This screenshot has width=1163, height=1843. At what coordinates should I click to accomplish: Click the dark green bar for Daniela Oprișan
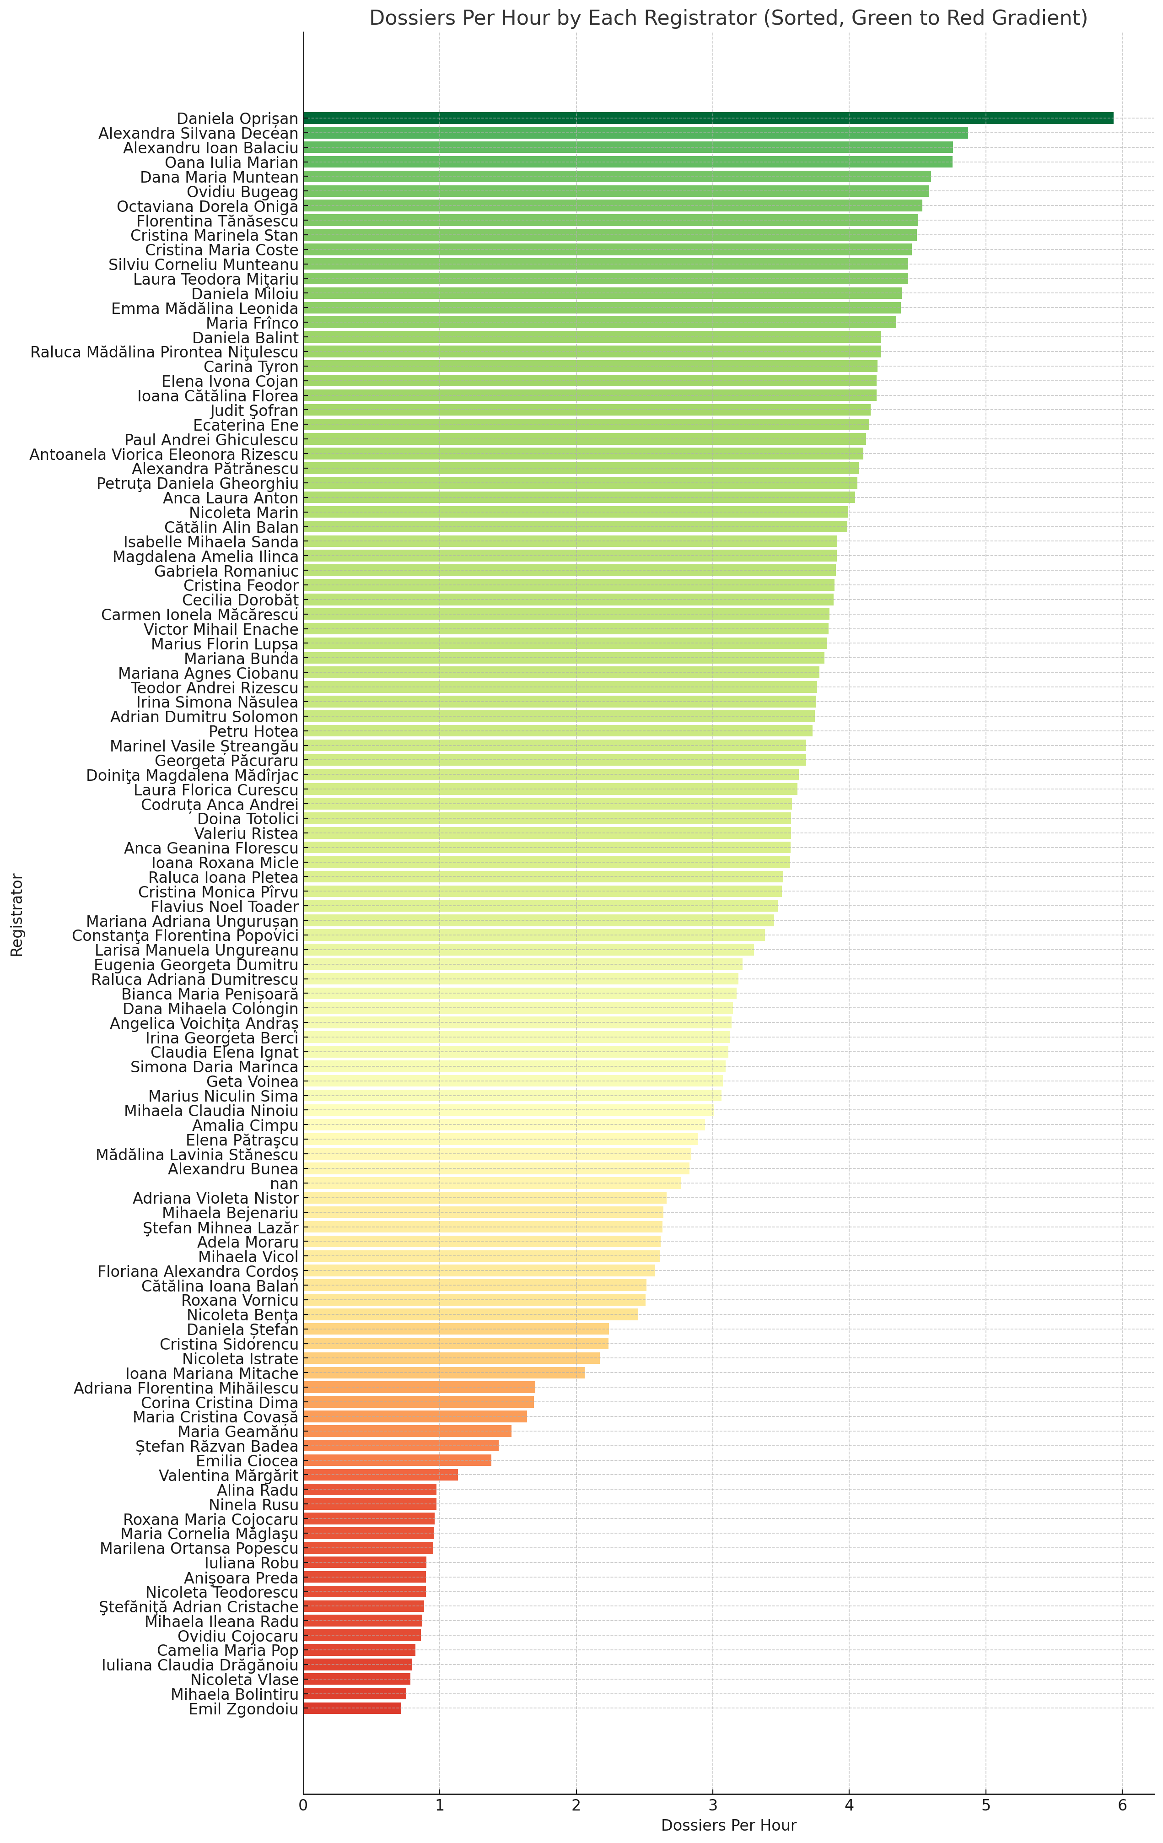(708, 118)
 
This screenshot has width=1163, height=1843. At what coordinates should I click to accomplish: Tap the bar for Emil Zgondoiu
(352, 1708)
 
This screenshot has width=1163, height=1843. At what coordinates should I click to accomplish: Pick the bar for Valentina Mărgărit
(380, 1475)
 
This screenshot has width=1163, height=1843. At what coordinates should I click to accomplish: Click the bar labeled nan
(492, 1183)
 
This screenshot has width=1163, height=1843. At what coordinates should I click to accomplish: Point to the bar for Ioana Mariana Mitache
(444, 1373)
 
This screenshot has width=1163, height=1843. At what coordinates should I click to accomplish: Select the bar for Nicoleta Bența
(471, 1314)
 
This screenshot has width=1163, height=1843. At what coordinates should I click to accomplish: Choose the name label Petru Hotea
(253, 731)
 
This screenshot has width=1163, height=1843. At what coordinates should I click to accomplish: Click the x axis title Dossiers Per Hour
(728, 1826)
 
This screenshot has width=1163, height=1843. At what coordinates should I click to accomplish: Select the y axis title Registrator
(17, 914)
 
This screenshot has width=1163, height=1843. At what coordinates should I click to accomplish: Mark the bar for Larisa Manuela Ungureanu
(528, 950)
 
